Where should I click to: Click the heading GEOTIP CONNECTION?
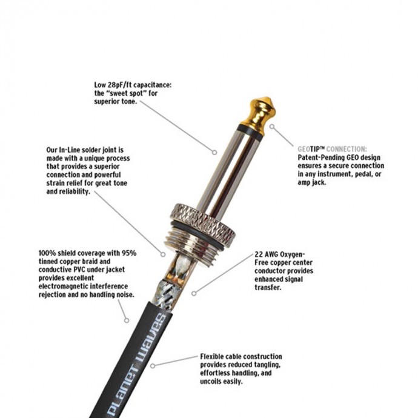tap(332, 149)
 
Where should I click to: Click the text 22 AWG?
tap(267, 254)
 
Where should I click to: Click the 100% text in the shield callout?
tap(47, 253)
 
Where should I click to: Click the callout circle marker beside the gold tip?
tap(271, 127)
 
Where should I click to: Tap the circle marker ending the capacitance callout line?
tap(214, 153)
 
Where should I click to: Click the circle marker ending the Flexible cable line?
tap(153, 366)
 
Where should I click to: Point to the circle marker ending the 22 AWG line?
tap(194, 293)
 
